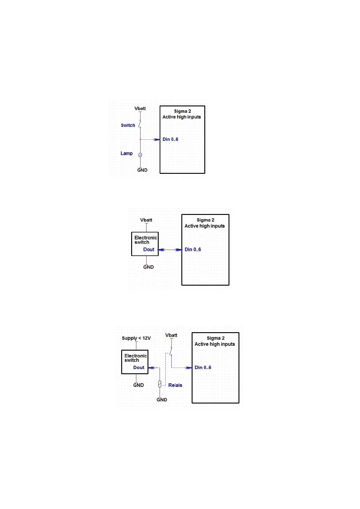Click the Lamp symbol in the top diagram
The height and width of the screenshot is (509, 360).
point(140,155)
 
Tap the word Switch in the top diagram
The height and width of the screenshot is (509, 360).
point(128,125)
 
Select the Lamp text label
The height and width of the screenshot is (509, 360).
point(126,154)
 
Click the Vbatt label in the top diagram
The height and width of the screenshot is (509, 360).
point(140,109)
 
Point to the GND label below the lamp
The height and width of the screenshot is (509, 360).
point(142,170)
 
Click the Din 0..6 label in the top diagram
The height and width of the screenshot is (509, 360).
point(170,139)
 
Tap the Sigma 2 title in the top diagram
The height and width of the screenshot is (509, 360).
point(182,111)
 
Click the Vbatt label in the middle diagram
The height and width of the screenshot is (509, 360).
point(146,220)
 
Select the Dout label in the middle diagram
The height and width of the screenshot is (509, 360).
point(149,250)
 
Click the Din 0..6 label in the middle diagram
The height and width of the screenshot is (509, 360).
point(193,250)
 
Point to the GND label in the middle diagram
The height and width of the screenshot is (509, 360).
point(148,267)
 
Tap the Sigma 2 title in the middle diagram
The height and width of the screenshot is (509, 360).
point(205,220)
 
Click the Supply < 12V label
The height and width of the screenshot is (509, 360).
point(136,338)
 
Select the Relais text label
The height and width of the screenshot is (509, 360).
point(175,385)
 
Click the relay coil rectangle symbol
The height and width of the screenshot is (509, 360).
point(160,384)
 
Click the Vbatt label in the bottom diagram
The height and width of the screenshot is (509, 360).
point(171,335)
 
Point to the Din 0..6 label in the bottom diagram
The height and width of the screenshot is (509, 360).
point(203,368)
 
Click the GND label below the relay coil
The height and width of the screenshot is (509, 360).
point(162,400)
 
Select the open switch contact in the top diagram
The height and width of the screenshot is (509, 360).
point(140,124)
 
